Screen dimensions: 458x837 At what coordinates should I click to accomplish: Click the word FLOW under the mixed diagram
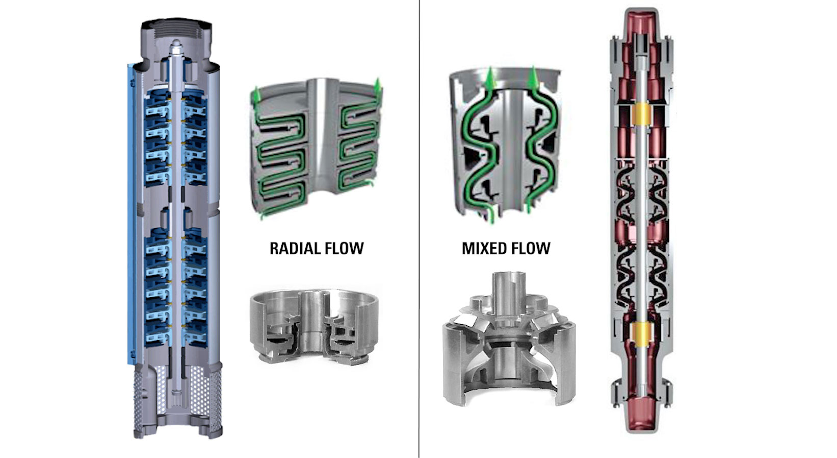tap(533, 249)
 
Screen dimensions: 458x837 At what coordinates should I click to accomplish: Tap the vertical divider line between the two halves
tap(420, 230)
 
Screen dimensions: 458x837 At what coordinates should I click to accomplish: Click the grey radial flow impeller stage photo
tap(313, 327)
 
